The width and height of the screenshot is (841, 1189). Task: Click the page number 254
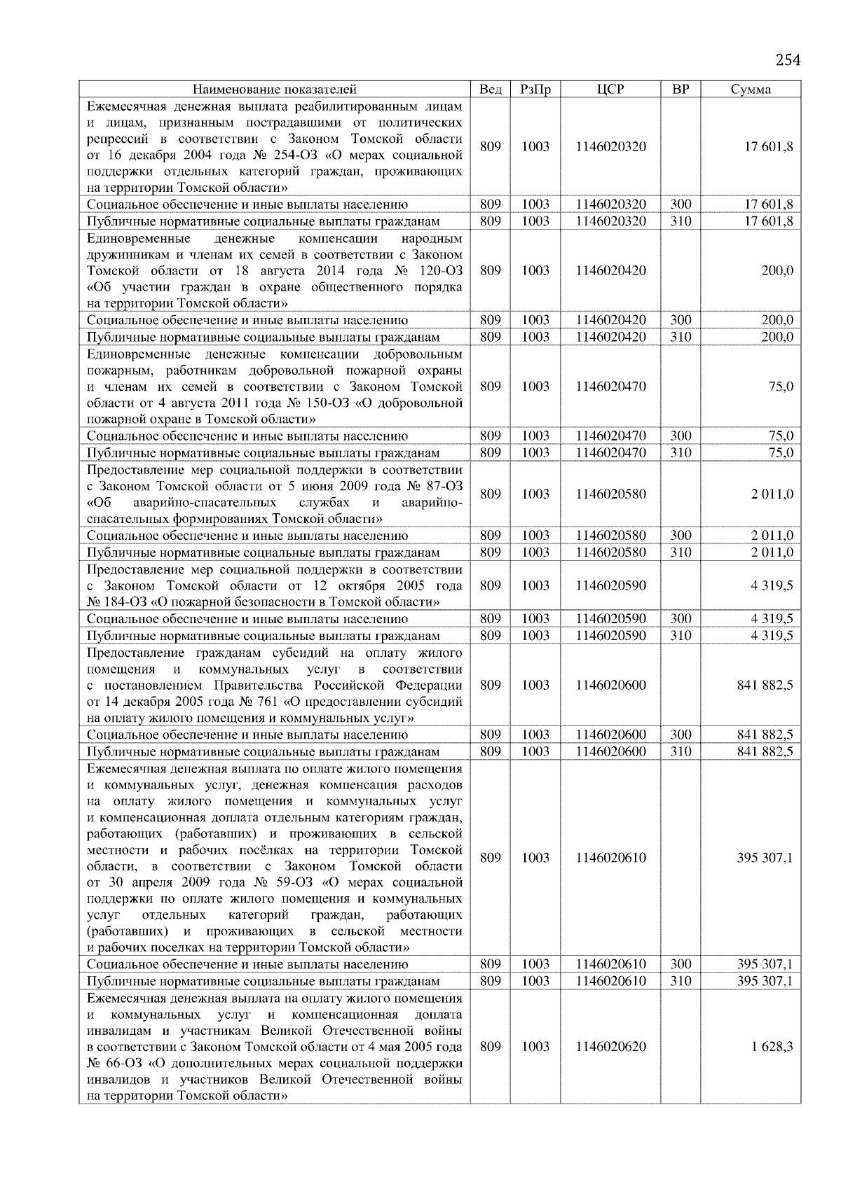pyautogui.click(x=788, y=60)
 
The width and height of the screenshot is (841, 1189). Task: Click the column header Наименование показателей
pyautogui.click(x=275, y=89)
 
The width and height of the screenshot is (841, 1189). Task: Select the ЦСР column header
pyautogui.click(x=610, y=89)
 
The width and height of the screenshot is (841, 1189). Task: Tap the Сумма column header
pyautogui.click(x=751, y=89)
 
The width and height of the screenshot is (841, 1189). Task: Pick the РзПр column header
pyautogui.click(x=535, y=89)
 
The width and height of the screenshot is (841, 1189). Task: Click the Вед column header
pyautogui.click(x=491, y=89)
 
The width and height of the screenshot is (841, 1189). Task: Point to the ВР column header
pyautogui.click(x=681, y=89)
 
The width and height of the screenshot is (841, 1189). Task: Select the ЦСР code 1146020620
pyautogui.click(x=610, y=1046)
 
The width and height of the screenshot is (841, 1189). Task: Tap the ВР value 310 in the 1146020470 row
pyautogui.click(x=681, y=452)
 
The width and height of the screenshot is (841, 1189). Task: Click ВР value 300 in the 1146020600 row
pyautogui.click(x=681, y=735)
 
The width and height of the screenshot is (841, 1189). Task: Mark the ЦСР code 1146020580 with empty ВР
pyautogui.click(x=610, y=494)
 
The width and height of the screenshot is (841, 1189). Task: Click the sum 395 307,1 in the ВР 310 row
pyautogui.click(x=765, y=981)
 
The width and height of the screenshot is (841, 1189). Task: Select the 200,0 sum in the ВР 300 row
pyautogui.click(x=777, y=320)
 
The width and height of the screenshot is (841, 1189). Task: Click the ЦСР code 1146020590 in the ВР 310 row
pyautogui.click(x=610, y=635)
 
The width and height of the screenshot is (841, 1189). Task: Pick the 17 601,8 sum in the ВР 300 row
pyautogui.click(x=770, y=204)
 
